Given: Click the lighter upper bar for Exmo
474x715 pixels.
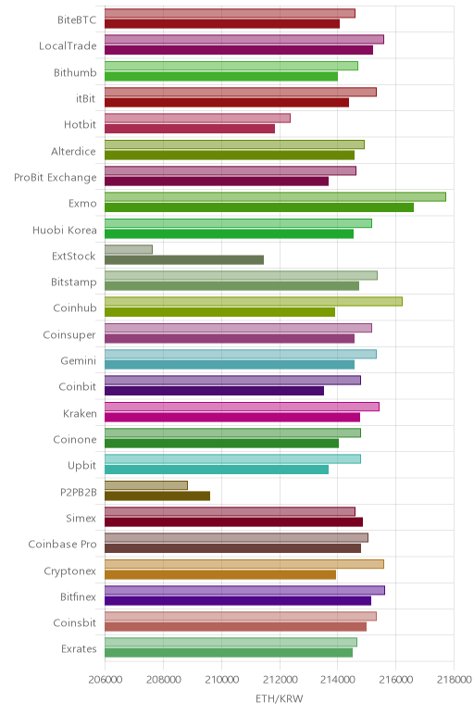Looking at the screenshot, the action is (x=275, y=197).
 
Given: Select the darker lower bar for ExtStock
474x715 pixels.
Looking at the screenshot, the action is (x=184, y=260).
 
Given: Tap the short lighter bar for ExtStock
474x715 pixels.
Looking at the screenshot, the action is (x=129, y=249).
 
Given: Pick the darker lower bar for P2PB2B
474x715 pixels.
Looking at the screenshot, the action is (x=157, y=495).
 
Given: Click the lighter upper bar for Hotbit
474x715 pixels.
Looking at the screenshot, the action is (x=197, y=119).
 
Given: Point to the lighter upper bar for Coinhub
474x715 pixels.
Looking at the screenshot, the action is (x=254, y=301).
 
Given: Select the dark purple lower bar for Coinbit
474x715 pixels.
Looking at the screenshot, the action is (x=214, y=391).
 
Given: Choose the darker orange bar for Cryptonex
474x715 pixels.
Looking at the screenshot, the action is (x=220, y=574).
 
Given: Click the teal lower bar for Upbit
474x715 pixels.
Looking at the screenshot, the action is (x=217, y=470).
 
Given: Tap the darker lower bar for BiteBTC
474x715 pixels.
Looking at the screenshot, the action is (x=222, y=24).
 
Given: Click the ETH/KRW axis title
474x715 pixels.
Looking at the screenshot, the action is (x=279, y=698).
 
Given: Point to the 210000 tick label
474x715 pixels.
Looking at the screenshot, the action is (x=221, y=680).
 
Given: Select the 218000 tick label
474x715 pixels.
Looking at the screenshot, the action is (x=454, y=680).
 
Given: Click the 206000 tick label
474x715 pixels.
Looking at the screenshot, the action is (x=106, y=680).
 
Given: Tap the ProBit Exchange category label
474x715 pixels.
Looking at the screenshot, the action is (x=56, y=178).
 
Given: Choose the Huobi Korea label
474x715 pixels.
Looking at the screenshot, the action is (x=65, y=230).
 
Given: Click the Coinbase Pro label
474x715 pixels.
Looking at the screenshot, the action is (x=62, y=544).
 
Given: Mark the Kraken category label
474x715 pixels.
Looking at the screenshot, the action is (x=80, y=413).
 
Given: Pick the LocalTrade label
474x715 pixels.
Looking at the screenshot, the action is (x=68, y=45).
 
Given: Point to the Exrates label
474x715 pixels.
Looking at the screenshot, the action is (x=79, y=648).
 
